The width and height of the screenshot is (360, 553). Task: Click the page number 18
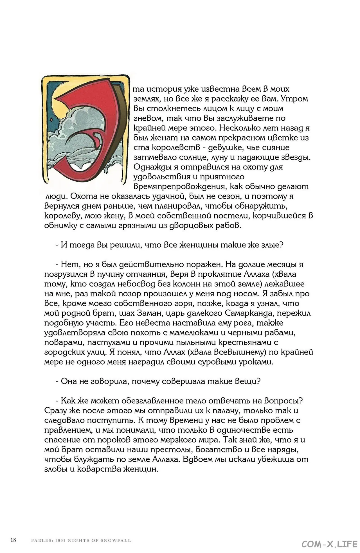(13, 540)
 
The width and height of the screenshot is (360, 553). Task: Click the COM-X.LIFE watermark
(329, 544)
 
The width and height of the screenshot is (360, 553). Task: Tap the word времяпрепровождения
(180, 187)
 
